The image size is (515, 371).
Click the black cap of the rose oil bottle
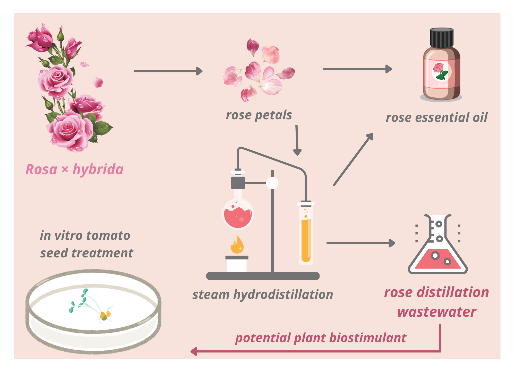pyautogui.click(x=442, y=38)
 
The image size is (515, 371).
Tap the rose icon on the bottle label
pyautogui.click(x=441, y=71)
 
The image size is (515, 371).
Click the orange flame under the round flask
pyautogui.click(x=237, y=245)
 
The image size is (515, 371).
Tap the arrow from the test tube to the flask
pyautogui.click(x=360, y=243)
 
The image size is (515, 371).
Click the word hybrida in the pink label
pyautogui.click(x=98, y=170)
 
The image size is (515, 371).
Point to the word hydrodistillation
pyautogui.click(x=283, y=294)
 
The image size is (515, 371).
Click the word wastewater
pyautogui.click(x=437, y=312)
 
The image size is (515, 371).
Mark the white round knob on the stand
pyautogui.click(x=272, y=183)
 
